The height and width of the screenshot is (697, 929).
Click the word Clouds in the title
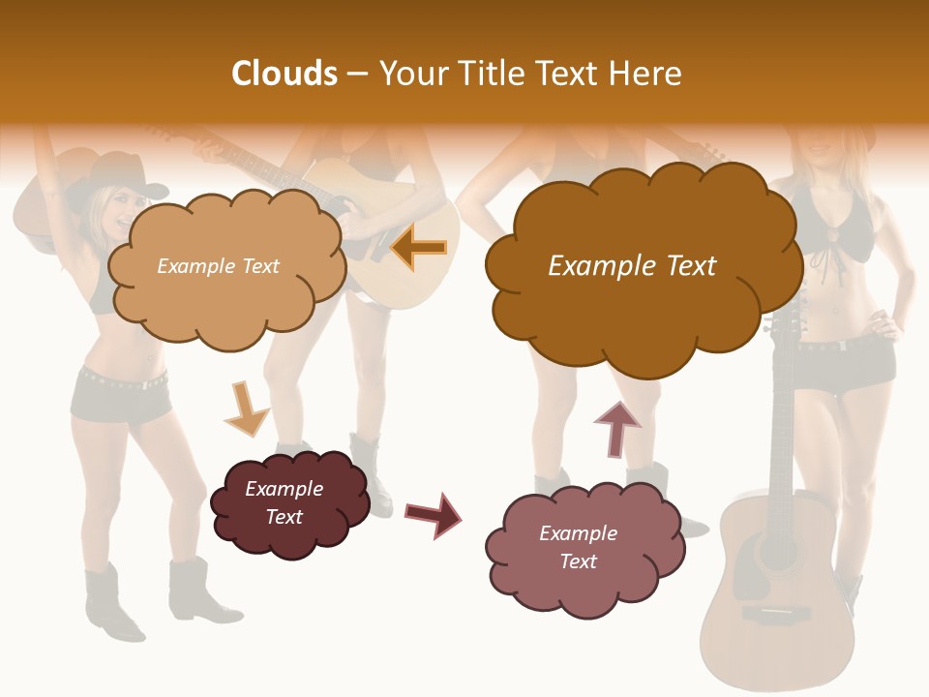[x=285, y=74]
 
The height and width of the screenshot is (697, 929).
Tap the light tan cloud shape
[x=225, y=300]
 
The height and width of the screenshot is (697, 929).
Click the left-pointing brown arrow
[x=419, y=248]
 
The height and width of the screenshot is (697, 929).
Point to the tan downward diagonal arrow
[x=246, y=408]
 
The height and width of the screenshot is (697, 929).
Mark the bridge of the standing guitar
[x=778, y=614]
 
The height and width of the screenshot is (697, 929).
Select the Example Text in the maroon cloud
[x=284, y=502]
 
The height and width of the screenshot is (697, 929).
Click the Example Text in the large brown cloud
[x=632, y=266]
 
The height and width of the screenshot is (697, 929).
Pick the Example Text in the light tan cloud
[x=218, y=266]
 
